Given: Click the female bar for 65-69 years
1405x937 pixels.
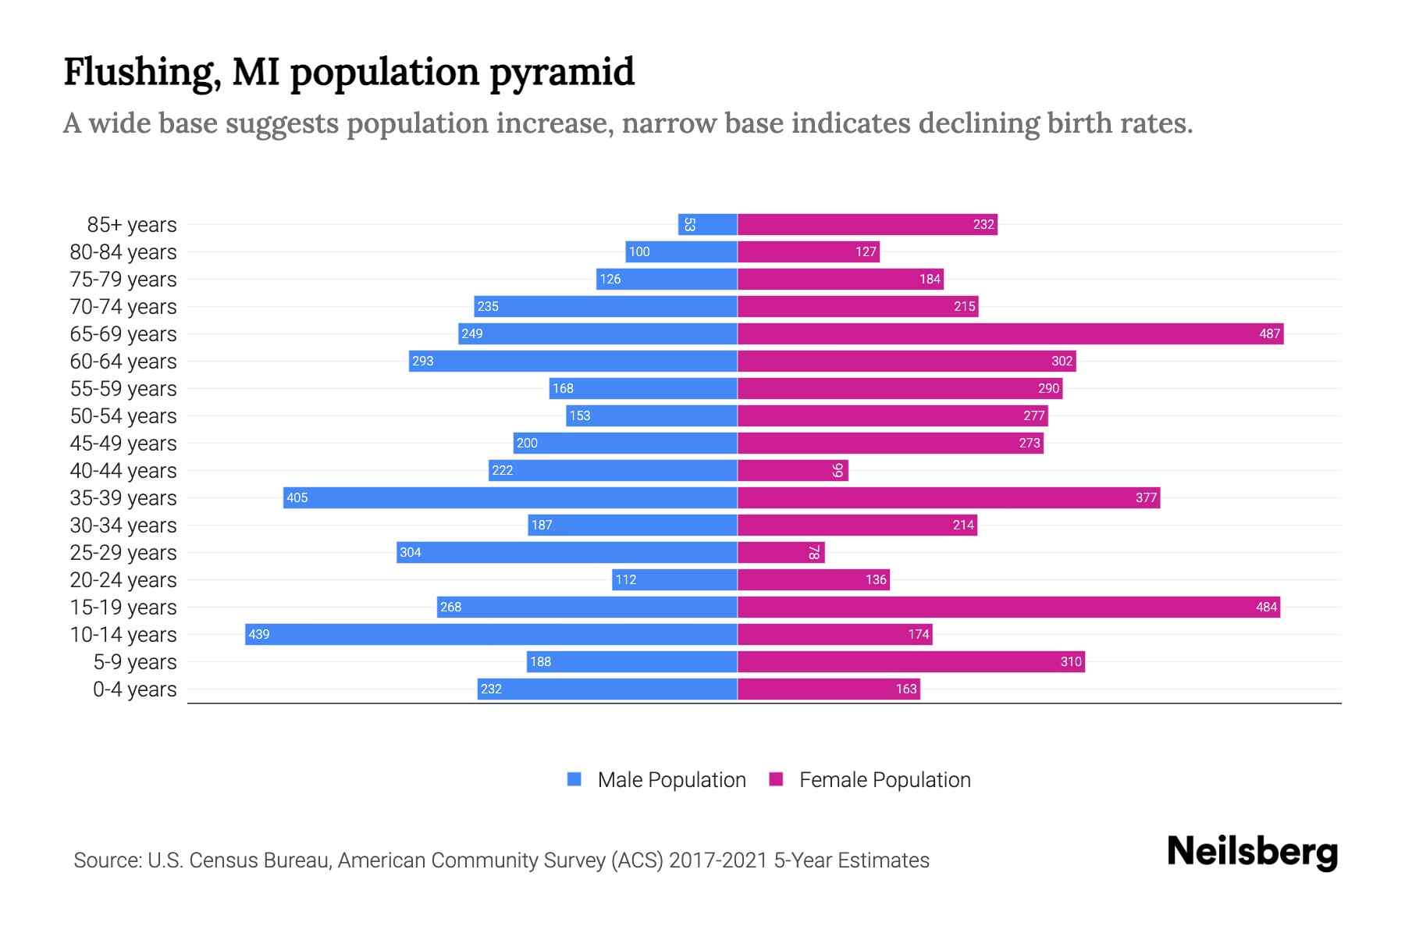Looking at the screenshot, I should pos(1010,334).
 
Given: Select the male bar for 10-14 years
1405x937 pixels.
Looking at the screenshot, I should pos(491,635).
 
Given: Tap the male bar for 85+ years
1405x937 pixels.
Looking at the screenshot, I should pos(707,225).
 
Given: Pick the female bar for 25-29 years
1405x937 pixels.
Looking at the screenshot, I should pos(781,553).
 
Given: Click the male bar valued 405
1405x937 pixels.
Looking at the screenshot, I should pos(510,498).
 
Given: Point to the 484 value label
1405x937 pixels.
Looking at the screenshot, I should pos(1266,607).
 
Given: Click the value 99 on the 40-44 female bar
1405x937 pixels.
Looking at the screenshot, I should pos(838,471).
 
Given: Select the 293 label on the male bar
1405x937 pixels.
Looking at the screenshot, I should pos(423,362).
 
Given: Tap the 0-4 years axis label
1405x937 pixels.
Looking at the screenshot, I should pos(134,689).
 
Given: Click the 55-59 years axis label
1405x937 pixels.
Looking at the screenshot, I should pos(123,389).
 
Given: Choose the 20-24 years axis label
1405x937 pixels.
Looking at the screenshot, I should pos(123,580).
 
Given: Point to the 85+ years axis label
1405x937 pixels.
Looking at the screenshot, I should pos(132,225).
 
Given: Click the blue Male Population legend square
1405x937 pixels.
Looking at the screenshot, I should pos(574,779).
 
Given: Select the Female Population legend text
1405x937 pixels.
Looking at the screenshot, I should pos(884,780).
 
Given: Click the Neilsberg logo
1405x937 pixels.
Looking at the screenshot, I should pos(1252,852).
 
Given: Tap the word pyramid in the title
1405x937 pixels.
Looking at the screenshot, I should pos(562,72).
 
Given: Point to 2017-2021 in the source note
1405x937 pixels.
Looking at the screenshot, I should pos(718,860).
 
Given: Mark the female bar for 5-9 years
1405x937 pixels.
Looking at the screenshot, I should pos(911,662).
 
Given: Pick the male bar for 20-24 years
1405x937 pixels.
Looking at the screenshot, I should pos(674,580).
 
